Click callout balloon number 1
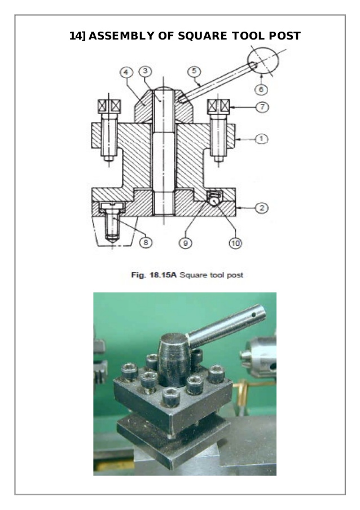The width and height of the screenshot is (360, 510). tap(261, 139)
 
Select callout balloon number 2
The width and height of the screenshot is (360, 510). tap(261, 208)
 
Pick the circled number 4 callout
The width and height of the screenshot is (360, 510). tap(126, 72)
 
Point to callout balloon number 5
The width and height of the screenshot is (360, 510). tap(194, 71)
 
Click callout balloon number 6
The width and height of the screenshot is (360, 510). tap(261, 89)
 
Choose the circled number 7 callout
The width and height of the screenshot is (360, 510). tap(262, 107)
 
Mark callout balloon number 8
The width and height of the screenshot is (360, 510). tap(146, 242)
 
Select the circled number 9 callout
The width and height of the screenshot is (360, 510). tap(186, 243)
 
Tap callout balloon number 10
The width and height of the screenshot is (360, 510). tap(235, 243)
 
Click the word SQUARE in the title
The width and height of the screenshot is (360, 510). tap(203, 36)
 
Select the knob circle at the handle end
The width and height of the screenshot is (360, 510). tap(263, 61)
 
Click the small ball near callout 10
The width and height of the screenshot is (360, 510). tap(214, 202)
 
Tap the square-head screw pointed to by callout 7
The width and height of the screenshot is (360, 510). tap(219, 106)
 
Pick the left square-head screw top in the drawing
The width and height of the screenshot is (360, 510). tap(109, 106)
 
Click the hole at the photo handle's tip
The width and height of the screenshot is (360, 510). tap(254, 315)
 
